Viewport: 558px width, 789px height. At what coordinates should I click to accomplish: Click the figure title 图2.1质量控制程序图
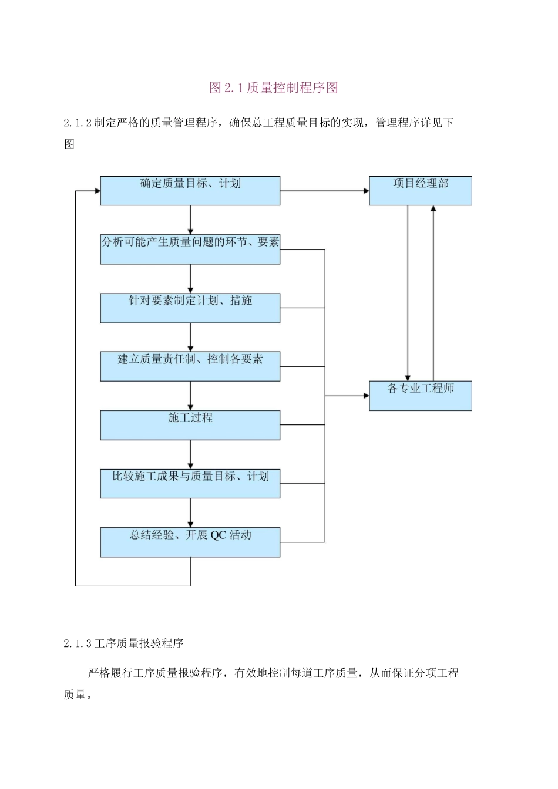click(x=274, y=88)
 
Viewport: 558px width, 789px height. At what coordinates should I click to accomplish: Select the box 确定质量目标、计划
click(x=190, y=191)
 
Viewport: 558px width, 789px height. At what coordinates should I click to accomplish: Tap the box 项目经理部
click(x=420, y=191)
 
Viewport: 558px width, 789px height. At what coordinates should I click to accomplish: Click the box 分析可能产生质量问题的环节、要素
click(x=190, y=249)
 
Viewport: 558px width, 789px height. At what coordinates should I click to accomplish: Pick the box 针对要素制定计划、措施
click(x=190, y=308)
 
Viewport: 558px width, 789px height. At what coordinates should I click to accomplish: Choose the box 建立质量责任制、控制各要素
click(x=190, y=366)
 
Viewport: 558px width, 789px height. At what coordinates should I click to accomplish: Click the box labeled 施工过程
click(x=190, y=425)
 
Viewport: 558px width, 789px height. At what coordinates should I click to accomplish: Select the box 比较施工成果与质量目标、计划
click(x=190, y=484)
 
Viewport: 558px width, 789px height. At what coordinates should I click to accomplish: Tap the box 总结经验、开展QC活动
click(x=190, y=542)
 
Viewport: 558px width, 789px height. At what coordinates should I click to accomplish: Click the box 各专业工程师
click(x=420, y=396)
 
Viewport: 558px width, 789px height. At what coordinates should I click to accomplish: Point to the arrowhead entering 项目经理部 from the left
click(x=366, y=191)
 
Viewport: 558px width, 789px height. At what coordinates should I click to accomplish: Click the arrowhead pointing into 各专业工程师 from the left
click(x=366, y=396)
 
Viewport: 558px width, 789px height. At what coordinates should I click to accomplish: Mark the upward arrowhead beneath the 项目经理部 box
click(x=433, y=208)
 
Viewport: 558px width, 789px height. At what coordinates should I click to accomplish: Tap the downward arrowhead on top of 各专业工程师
click(x=408, y=378)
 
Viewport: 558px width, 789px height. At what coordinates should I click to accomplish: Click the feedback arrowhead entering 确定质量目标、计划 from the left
click(x=97, y=191)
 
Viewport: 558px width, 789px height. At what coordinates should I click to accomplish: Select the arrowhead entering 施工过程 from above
click(x=190, y=407)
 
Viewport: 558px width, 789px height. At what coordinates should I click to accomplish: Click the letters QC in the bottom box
click(x=218, y=535)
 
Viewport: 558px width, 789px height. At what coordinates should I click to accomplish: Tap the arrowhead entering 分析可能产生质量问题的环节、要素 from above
click(x=190, y=231)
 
